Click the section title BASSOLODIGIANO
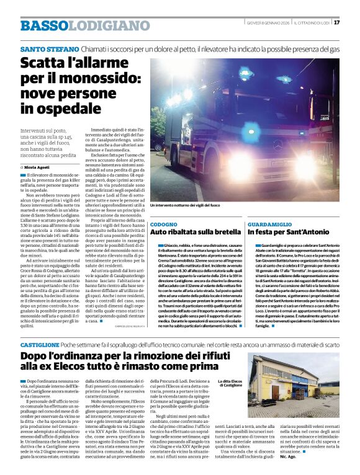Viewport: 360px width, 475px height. (81, 25)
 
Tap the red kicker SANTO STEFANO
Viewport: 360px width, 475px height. (50, 48)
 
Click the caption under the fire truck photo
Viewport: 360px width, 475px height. (185, 205)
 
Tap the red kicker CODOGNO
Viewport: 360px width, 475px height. (163, 223)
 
